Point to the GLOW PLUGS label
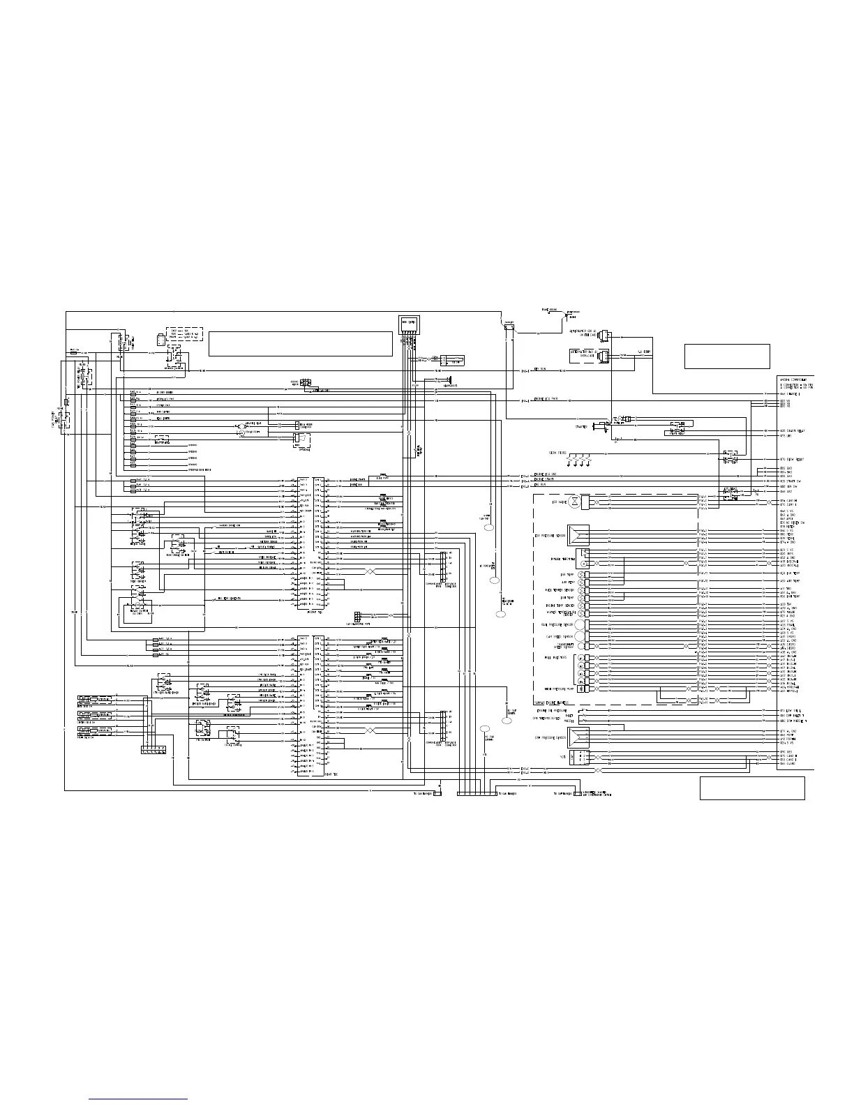pos(557,453)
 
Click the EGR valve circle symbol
pos(574,502)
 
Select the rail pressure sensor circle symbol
pos(578,625)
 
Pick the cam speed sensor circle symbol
pos(579,637)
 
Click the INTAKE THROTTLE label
pos(563,559)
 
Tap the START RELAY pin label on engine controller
pos(793,431)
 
